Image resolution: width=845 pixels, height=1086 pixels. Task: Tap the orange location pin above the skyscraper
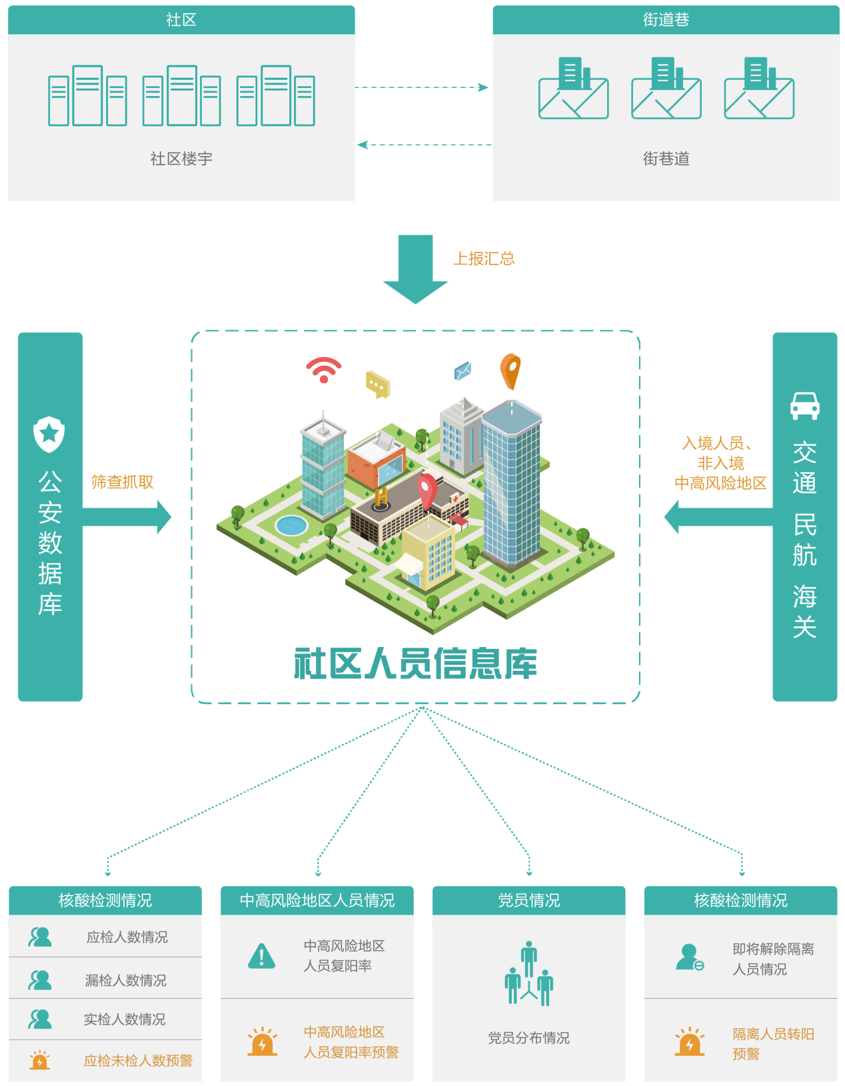pyautogui.click(x=510, y=370)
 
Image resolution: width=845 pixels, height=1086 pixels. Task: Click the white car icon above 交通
pyautogui.click(x=804, y=405)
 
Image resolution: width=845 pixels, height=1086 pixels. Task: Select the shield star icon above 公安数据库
pyautogui.click(x=49, y=434)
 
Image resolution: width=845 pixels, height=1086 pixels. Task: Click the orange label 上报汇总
pyautogui.click(x=484, y=259)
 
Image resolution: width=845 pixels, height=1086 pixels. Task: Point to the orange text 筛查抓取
pyautogui.click(x=123, y=482)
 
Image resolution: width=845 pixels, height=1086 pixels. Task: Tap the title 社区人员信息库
pyautogui.click(x=415, y=664)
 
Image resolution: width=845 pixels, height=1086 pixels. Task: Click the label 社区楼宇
pyautogui.click(x=181, y=159)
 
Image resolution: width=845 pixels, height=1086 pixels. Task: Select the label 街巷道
pyautogui.click(x=666, y=159)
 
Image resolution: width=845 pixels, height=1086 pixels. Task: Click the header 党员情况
pyautogui.click(x=528, y=900)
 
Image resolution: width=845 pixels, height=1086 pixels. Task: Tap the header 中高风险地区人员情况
pyautogui.click(x=317, y=900)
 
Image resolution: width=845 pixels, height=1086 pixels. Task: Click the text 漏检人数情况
pyautogui.click(x=125, y=980)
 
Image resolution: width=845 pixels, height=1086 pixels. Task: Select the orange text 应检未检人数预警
pyautogui.click(x=138, y=1060)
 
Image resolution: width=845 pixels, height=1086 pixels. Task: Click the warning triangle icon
pyautogui.click(x=261, y=956)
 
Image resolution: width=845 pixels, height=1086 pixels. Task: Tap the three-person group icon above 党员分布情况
pyautogui.click(x=528, y=973)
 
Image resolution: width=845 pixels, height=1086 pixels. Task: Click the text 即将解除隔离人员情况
pyautogui.click(x=772, y=959)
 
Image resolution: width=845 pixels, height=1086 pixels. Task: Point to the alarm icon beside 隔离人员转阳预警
pyautogui.click(x=689, y=1043)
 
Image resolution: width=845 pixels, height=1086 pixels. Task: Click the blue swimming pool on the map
pyautogui.click(x=291, y=525)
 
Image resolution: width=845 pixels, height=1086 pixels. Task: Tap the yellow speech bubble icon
pyautogui.click(x=378, y=384)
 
